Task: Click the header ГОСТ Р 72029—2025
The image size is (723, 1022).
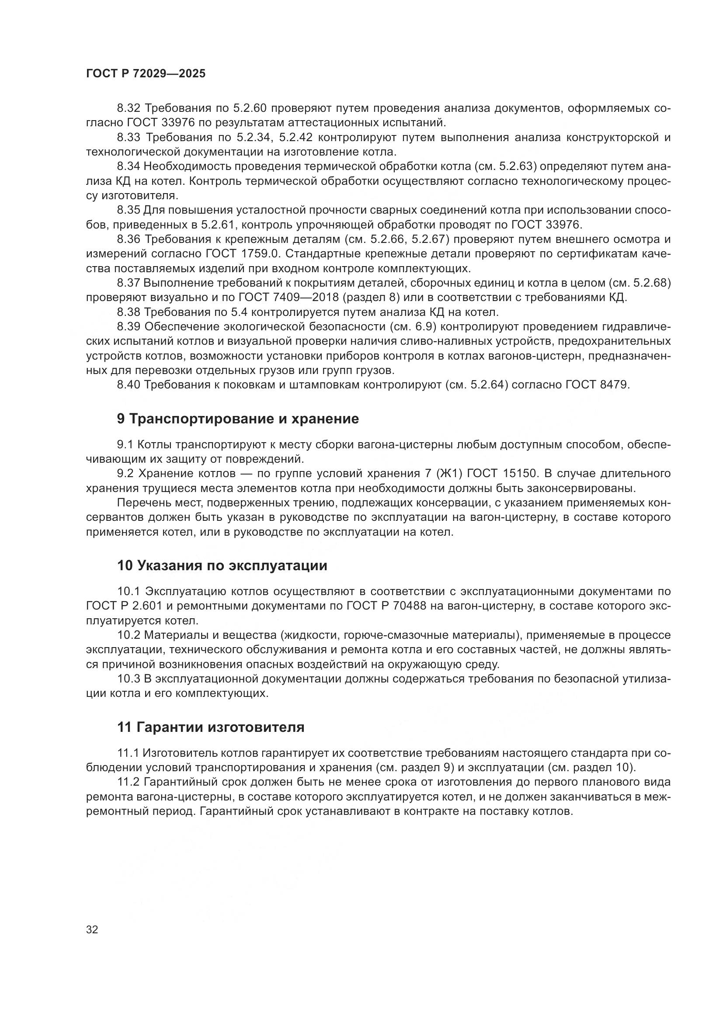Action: (146, 74)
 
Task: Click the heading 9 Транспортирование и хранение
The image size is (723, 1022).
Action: (238, 419)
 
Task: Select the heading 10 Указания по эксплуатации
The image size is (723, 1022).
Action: (222, 566)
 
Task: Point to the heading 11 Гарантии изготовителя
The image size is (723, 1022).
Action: (211, 728)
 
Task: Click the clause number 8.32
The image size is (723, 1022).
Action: (128, 108)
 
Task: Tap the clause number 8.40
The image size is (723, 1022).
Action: (128, 385)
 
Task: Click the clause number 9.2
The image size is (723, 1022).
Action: (125, 473)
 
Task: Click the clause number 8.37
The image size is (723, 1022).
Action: (128, 283)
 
